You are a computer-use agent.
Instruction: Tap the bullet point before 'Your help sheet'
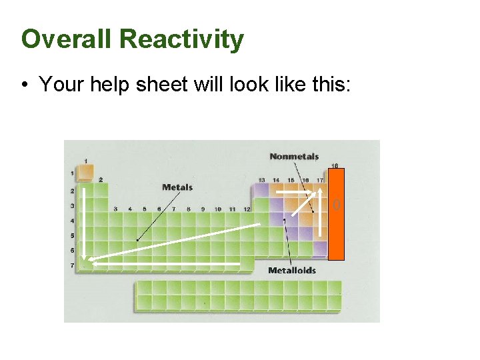(x=24, y=85)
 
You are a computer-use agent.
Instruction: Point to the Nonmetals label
(x=294, y=157)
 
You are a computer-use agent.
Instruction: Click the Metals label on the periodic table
(x=177, y=187)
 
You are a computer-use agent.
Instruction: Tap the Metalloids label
(x=292, y=270)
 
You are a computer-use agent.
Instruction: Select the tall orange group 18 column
(x=337, y=213)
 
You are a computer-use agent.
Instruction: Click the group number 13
(x=261, y=180)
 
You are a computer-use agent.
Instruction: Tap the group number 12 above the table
(x=247, y=209)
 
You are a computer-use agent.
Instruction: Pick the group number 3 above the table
(x=115, y=209)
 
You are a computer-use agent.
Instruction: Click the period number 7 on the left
(x=72, y=265)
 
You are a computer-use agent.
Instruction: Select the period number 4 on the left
(x=72, y=221)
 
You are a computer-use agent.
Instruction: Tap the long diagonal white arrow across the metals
(x=173, y=244)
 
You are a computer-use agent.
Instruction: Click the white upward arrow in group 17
(x=321, y=213)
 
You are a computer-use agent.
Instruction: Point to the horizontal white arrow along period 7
(x=167, y=264)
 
